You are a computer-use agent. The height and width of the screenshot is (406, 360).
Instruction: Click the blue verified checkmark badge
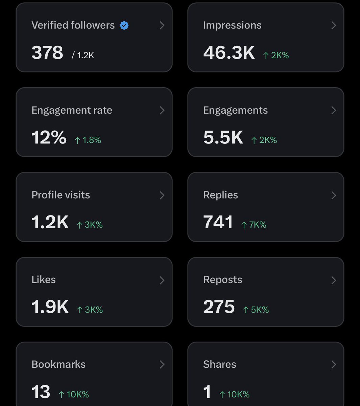click(x=124, y=25)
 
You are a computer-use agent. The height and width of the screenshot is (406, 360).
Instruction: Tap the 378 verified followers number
click(x=47, y=53)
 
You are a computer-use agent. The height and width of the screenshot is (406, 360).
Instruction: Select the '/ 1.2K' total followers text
click(x=83, y=55)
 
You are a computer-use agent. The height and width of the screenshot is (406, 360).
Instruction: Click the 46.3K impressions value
click(x=229, y=53)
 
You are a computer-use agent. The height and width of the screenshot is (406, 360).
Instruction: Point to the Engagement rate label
click(x=72, y=110)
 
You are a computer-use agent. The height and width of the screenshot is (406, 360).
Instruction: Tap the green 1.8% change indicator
click(x=88, y=140)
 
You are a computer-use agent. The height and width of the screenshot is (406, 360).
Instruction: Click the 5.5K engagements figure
click(x=223, y=138)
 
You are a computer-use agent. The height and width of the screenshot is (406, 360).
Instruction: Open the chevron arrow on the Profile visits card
click(x=162, y=195)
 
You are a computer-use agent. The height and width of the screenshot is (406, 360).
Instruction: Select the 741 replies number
click(x=218, y=223)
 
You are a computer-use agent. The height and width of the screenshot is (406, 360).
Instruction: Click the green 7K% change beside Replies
click(x=254, y=225)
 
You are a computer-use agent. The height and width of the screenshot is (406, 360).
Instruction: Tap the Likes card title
click(x=44, y=280)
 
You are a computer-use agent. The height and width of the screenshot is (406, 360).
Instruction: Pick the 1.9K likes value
click(x=50, y=307)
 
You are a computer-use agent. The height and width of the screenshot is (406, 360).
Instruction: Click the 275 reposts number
click(x=219, y=307)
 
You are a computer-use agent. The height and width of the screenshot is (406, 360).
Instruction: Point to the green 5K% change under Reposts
click(x=256, y=310)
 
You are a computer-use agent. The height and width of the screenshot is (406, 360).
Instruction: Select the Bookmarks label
click(x=58, y=364)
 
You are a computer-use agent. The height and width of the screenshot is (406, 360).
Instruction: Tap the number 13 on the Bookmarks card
click(x=41, y=392)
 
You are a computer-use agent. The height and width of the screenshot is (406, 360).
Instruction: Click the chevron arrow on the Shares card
click(x=334, y=364)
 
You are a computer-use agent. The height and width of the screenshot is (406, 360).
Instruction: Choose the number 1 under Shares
click(x=207, y=392)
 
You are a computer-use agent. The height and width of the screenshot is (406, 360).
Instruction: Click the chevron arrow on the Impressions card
click(x=334, y=25)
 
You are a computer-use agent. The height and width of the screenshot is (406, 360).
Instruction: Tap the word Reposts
click(x=222, y=280)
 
